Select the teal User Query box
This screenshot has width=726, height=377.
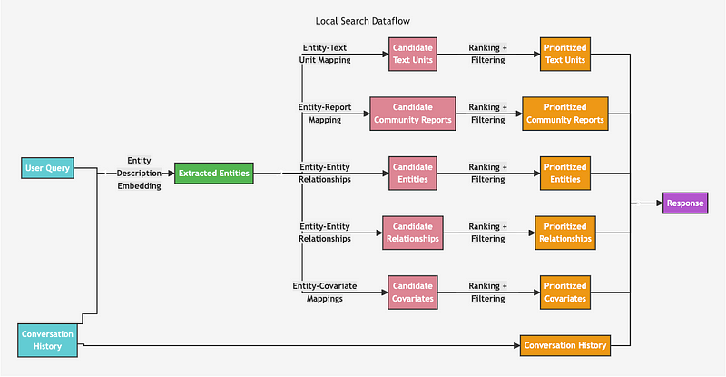coord(48,167)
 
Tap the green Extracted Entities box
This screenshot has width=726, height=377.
coord(214,173)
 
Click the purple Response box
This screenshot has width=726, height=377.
coord(684,203)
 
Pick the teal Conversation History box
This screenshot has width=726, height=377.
coord(48,340)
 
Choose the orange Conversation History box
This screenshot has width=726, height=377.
coord(564,345)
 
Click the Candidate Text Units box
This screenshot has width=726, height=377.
coord(414,54)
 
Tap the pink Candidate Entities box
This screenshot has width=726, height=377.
coord(414,173)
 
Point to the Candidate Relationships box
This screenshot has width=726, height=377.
coord(413,233)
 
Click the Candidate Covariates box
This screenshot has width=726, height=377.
coord(414,292)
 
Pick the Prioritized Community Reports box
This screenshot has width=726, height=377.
coord(564,114)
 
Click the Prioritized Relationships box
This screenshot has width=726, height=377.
coord(564,233)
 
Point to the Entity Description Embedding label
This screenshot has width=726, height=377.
coord(138,173)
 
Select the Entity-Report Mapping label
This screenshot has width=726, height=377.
coord(324,113)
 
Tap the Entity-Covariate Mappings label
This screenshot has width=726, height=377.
coord(324,292)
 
